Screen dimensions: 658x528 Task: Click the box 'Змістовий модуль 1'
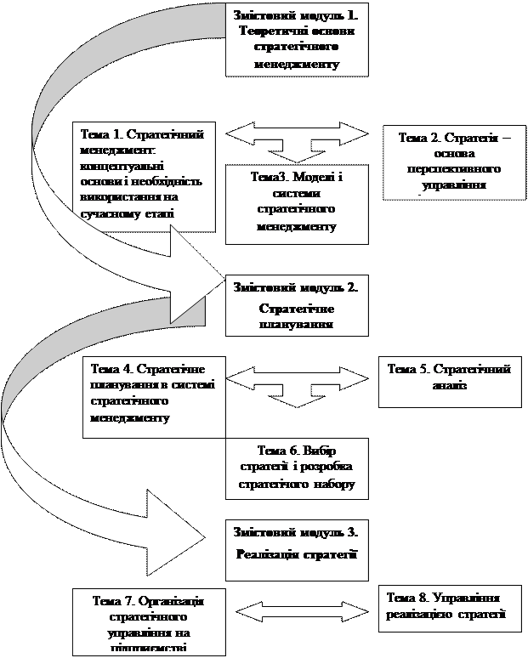pos(297,39)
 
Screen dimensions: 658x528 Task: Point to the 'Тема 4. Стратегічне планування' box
pos(153,397)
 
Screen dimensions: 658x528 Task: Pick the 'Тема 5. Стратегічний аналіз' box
pos(448,379)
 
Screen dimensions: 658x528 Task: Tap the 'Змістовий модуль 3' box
pos(295,542)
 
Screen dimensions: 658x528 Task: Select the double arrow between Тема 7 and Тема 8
pos(297,610)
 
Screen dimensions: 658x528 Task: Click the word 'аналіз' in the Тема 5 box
pos(448,386)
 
